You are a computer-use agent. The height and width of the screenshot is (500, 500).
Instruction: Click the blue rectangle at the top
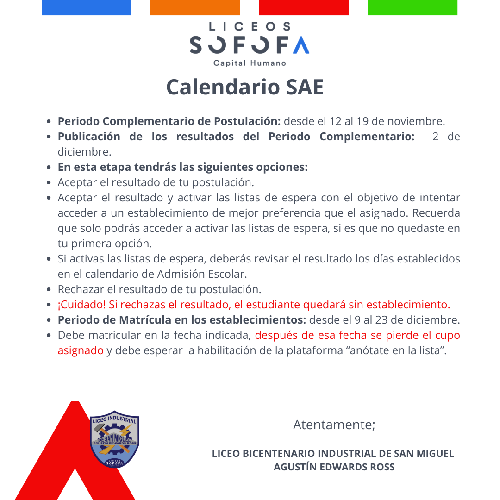(87, 7)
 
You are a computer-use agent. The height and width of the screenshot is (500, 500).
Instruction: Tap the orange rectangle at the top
(195, 7)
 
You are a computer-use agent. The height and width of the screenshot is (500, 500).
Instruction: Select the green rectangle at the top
(412, 7)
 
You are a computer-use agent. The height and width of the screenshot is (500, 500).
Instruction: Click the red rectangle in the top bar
(304, 7)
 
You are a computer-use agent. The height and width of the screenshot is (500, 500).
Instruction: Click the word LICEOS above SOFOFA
(250, 27)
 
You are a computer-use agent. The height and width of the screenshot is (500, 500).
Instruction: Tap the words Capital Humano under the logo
(250, 63)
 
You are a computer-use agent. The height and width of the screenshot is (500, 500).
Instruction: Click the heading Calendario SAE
(245, 87)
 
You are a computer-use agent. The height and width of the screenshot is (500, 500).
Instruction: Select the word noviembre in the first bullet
(416, 121)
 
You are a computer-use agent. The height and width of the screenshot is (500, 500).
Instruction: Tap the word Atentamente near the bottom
(333, 425)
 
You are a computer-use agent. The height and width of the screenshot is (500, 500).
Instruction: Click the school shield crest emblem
(114, 438)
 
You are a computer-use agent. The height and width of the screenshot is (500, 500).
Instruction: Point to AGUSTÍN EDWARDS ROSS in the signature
(334, 467)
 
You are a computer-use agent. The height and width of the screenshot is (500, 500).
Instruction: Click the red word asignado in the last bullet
(81, 350)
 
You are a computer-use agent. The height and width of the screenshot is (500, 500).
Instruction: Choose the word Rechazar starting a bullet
(80, 289)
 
